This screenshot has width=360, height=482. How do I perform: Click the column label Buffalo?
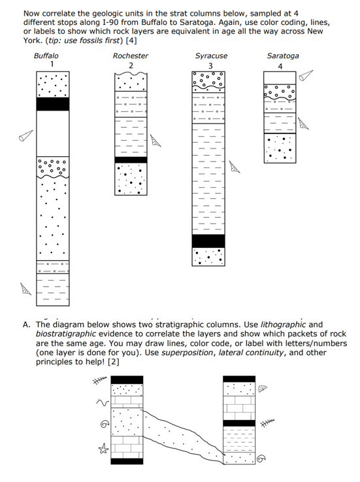[x=46, y=56]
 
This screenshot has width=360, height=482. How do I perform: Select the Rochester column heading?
[x=130, y=56]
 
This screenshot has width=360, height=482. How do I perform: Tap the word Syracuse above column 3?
[x=211, y=56]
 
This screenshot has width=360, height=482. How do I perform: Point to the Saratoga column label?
[x=282, y=56]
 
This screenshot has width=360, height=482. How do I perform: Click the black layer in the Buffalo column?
[x=52, y=104]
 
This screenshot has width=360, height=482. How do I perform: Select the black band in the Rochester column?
[x=131, y=160]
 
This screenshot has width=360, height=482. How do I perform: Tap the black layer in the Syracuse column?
[x=208, y=241]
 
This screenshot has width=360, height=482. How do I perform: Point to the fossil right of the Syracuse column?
[x=235, y=168]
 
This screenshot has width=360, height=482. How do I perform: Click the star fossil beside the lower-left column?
[x=101, y=449]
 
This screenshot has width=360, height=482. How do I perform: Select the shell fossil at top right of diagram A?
[x=263, y=388]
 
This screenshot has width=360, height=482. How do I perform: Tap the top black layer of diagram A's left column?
[x=127, y=380]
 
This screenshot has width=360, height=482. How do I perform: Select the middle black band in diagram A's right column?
[x=239, y=422]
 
